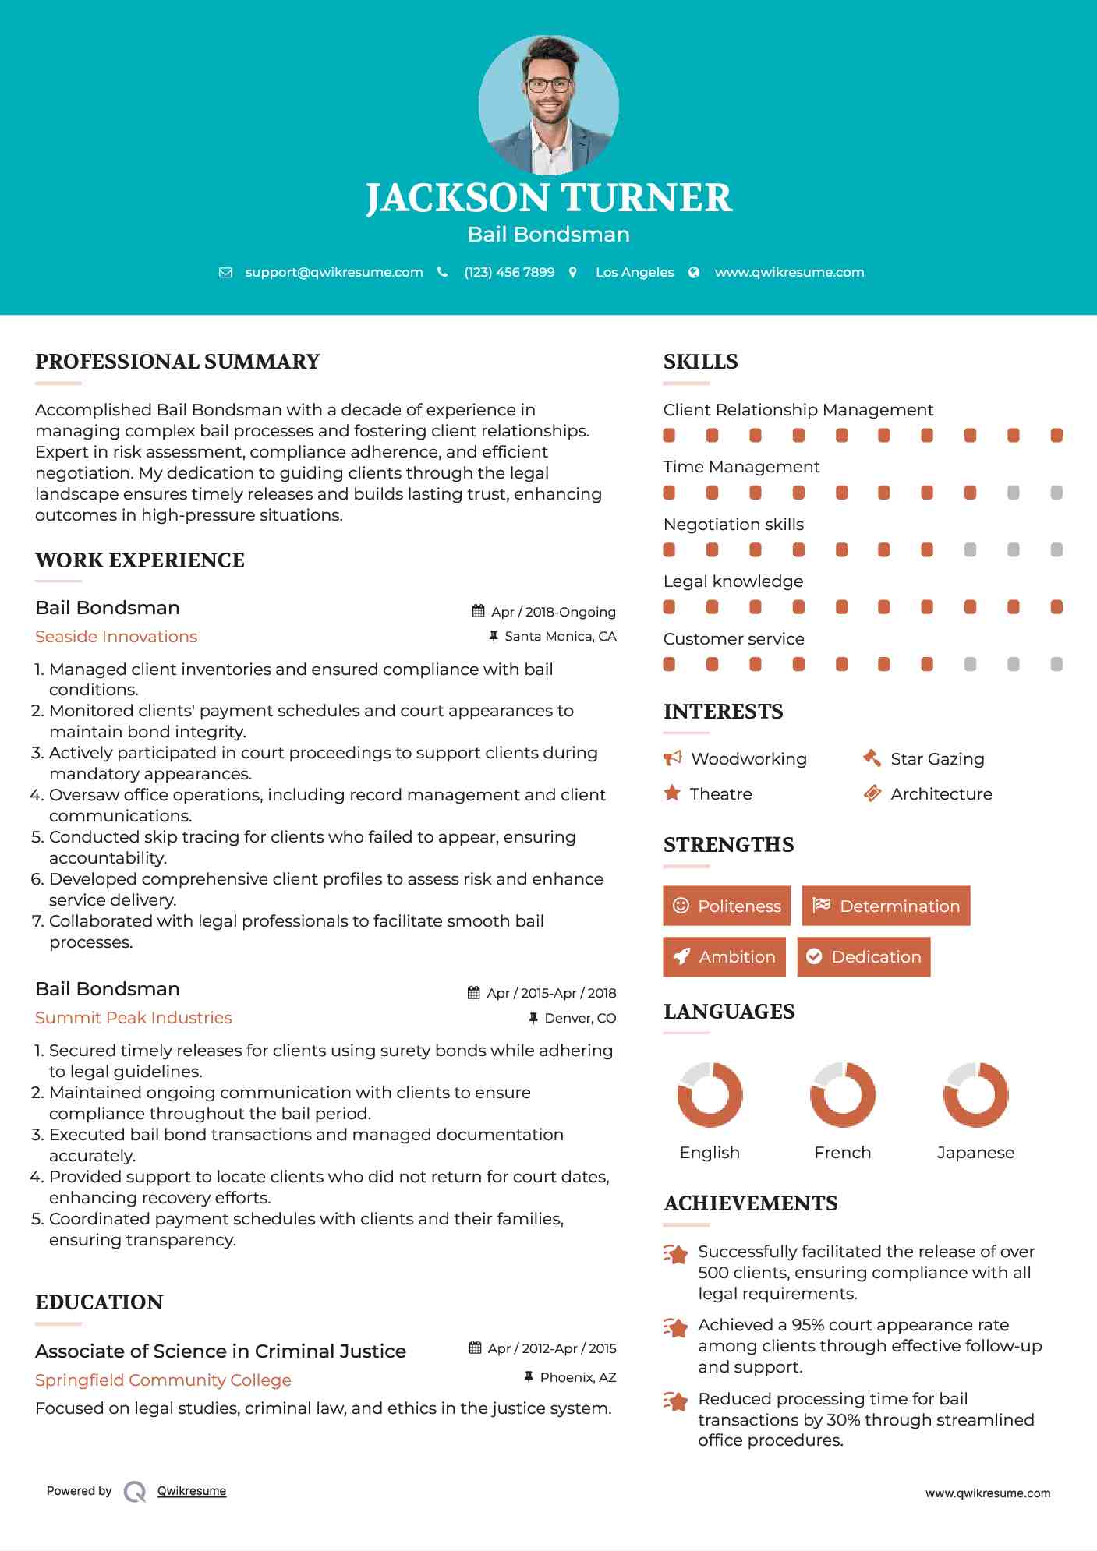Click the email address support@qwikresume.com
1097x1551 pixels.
[x=334, y=272]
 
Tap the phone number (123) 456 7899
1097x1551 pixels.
[x=509, y=272]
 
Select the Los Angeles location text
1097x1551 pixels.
[x=635, y=272]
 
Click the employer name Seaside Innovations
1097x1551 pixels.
[x=116, y=637]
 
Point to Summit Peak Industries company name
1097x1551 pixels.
[x=133, y=1018]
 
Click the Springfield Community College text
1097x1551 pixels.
[x=163, y=1380]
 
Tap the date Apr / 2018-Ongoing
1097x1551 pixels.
[x=553, y=612]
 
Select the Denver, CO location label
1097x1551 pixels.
[x=580, y=1018]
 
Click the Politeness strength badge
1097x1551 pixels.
[x=727, y=906]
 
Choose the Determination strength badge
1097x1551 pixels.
[x=886, y=906]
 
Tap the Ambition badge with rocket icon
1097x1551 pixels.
[x=724, y=957]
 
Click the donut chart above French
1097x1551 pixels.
[x=842, y=1095]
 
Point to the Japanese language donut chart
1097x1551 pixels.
[x=975, y=1095]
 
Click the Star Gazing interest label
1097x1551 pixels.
[x=937, y=759]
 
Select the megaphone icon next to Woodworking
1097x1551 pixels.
[x=672, y=758]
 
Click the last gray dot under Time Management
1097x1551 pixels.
[x=1056, y=493]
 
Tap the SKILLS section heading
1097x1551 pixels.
[x=700, y=362]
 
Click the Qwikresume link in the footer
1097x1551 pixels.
[x=192, y=1491]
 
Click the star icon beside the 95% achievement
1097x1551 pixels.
[x=675, y=1327]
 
